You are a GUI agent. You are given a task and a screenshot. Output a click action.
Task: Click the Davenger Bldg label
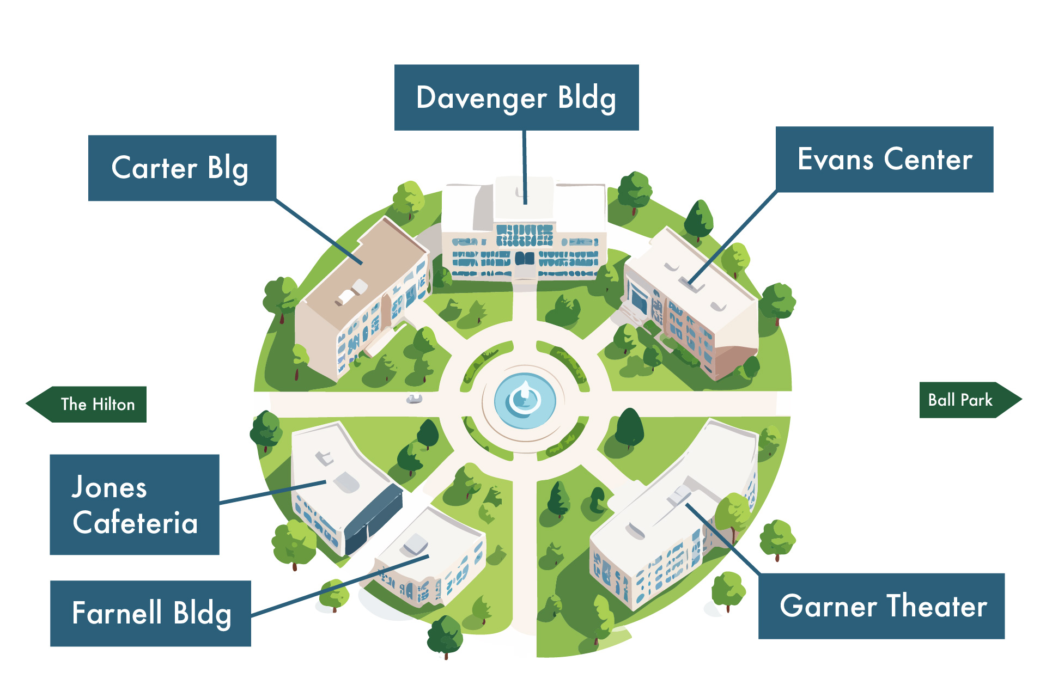click(516, 97)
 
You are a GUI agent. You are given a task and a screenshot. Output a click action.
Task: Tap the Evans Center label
click(884, 159)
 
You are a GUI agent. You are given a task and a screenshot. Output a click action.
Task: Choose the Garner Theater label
click(881, 606)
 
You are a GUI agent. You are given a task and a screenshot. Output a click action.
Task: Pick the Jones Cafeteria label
click(135, 504)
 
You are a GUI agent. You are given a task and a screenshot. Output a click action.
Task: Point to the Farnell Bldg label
click(150, 613)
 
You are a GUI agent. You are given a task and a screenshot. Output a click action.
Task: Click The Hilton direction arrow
click(87, 404)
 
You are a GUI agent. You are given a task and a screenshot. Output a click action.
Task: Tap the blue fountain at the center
click(525, 401)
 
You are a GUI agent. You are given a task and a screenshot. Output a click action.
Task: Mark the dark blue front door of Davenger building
click(525, 258)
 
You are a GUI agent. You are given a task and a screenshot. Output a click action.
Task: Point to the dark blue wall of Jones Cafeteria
click(373, 515)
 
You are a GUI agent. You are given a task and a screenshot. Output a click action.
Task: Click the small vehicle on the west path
click(414, 399)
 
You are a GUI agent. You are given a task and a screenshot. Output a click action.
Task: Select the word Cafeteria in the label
click(135, 523)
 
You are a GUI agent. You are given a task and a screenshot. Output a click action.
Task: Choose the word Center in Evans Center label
click(928, 159)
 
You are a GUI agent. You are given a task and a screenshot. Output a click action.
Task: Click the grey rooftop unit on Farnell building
click(416, 543)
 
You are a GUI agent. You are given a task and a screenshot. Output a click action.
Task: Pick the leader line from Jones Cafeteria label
click(272, 492)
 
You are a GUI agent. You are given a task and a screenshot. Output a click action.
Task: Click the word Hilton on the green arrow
click(113, 404)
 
